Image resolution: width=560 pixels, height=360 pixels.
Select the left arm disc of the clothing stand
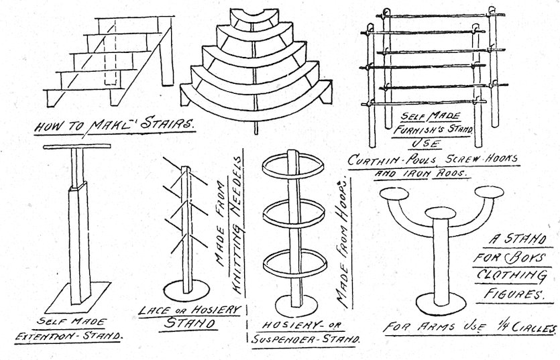[x=395, y=194]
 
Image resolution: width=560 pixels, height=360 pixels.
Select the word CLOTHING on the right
[x=523, y=276]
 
